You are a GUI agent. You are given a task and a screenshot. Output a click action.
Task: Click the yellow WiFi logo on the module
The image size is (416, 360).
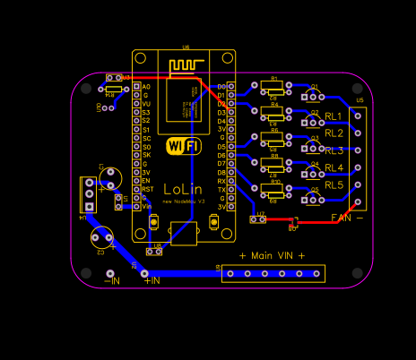(183, 145)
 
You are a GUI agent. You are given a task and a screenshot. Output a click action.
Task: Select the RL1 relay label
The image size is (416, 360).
(334, 116)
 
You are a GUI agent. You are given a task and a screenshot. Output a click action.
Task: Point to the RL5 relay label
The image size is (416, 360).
(334, 184)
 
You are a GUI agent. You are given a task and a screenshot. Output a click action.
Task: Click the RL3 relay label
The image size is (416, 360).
(334, 150)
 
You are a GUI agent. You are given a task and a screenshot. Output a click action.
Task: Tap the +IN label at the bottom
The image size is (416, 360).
(152, 280)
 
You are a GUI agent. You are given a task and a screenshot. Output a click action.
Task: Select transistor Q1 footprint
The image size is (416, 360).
(313, 95)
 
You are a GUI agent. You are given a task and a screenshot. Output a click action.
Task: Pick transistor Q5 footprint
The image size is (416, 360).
(313, 198)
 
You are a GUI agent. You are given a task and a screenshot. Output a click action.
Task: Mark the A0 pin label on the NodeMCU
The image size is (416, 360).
(146, 87)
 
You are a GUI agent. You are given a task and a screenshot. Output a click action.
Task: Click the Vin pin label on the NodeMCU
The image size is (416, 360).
(146, 206)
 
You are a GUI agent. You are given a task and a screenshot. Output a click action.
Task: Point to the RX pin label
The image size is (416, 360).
(221, 181)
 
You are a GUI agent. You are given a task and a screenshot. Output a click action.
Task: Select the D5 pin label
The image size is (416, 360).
(221, 147)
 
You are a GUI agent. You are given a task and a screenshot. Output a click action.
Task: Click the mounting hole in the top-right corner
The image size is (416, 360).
(359, 89)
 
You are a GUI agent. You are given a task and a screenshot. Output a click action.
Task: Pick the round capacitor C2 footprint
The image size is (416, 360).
(101, 236)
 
